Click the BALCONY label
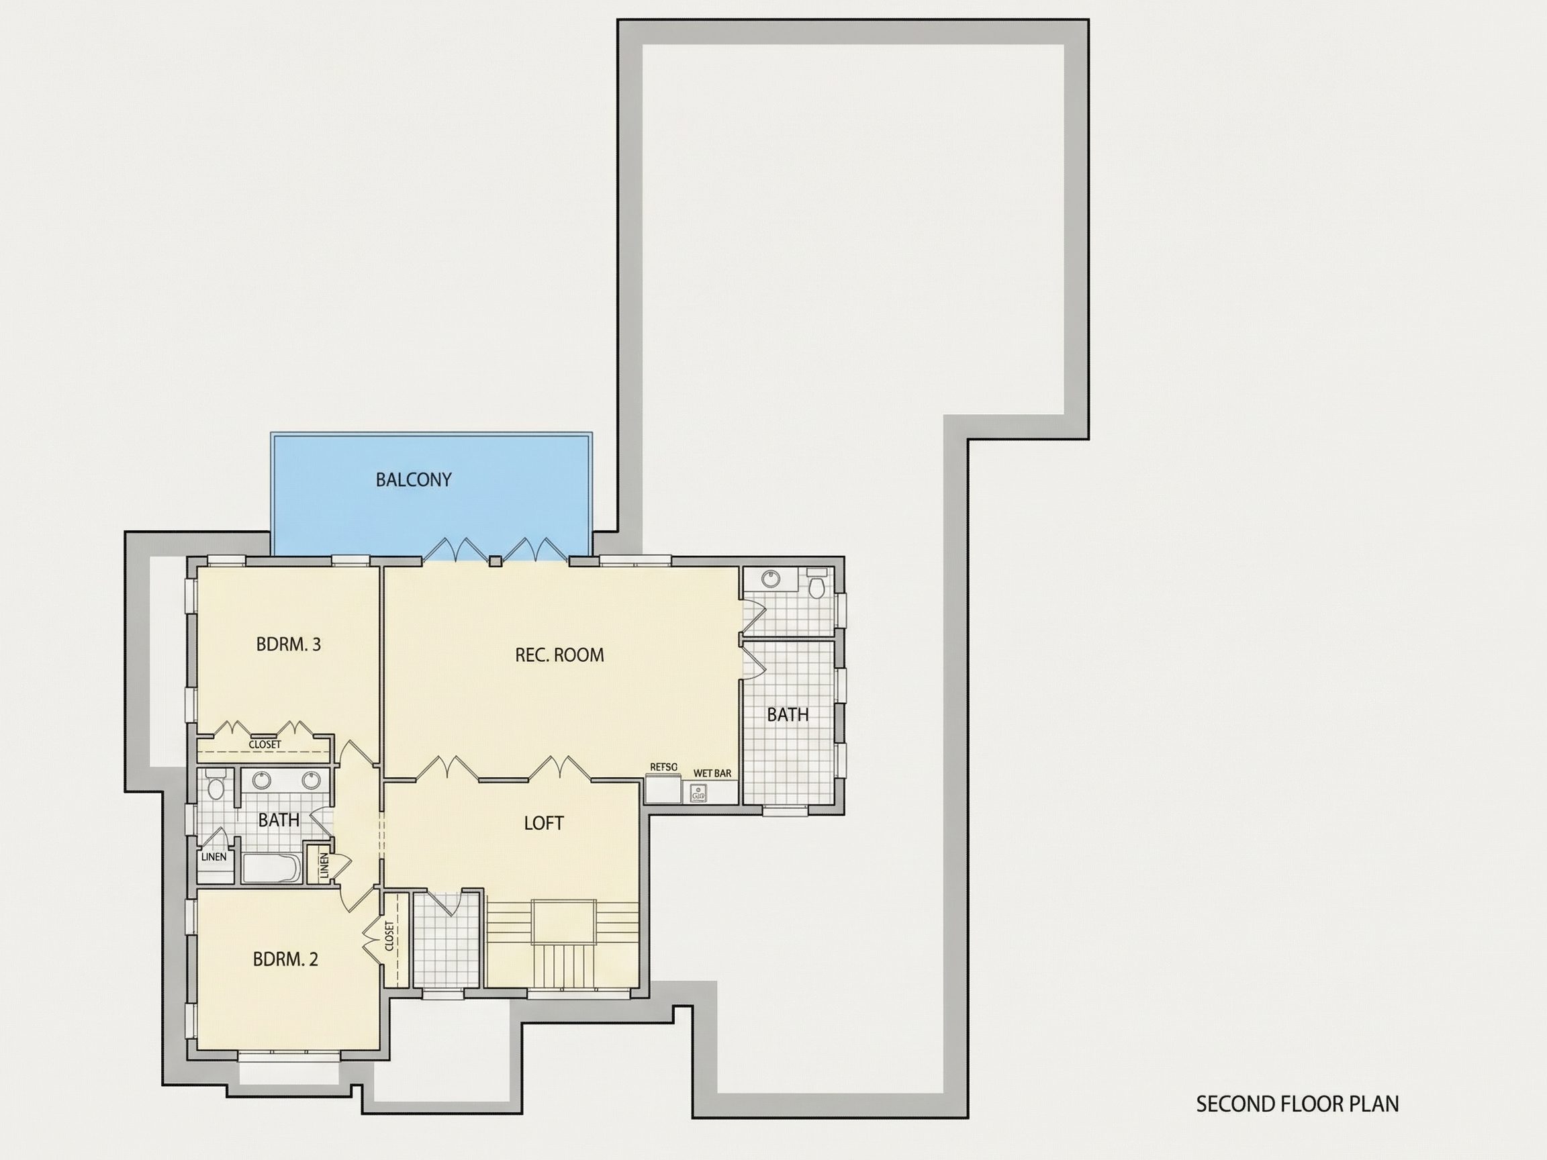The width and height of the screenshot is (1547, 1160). coord(414,480)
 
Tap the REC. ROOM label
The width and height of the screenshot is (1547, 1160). coord(559,655)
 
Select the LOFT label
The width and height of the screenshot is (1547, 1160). coord(543,823)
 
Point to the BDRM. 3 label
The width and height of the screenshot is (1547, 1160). coord(288,644)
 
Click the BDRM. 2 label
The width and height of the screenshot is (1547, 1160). coord(285,959)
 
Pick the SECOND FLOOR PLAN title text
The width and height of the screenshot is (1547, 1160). coord(1297,1104)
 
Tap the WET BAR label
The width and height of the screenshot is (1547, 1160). coord(712,773)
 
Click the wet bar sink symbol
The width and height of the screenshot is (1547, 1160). coord(698,792)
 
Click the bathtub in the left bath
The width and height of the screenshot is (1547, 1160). coord(271,868)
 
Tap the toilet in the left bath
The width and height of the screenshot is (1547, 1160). coord(216,785)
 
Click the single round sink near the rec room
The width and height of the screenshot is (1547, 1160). coord(771,579)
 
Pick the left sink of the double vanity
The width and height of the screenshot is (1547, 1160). coord(262,780)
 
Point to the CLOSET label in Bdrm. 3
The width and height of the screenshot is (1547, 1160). coord(265,744)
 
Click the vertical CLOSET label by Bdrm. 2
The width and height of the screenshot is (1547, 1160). coord(389,936)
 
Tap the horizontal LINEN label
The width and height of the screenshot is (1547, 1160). coord(214,857)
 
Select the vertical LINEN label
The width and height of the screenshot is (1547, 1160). coord(324,867)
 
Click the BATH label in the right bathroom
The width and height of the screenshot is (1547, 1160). coord(788,715)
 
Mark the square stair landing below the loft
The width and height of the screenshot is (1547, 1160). coord(565,922)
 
